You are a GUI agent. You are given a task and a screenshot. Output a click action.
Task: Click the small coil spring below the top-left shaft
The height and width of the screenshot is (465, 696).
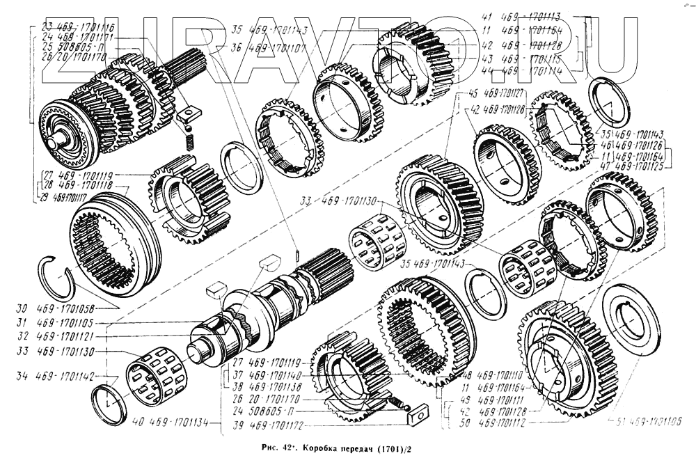(x=188, y=139)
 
